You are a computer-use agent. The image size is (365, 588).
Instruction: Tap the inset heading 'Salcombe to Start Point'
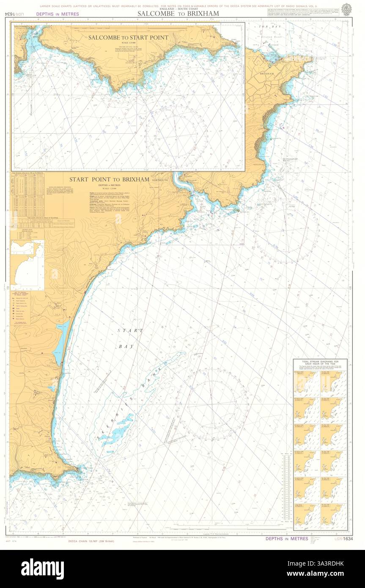(x=128, y=38)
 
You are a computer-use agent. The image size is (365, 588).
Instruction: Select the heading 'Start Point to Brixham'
(x=109, y=179)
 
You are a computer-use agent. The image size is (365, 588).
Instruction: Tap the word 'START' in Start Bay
(x=130, y=330)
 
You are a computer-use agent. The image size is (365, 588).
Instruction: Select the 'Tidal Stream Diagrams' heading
(x=320, y=363)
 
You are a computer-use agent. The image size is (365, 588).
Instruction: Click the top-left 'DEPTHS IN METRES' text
(x=58, y=14)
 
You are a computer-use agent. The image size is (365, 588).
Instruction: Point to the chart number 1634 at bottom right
(x=347, y=539)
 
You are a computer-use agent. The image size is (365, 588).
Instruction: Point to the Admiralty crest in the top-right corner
(x=346, y=8)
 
